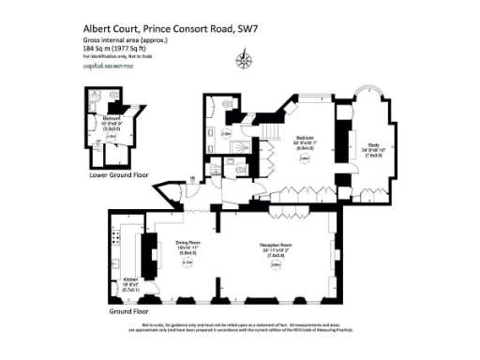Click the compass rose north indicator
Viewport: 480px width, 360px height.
pyautogui.click(x=246, y=63)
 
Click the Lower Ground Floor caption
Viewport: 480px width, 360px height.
pyautogui.click(x=113, y=174)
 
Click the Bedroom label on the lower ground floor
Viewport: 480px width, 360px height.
pyautogui.click(x=111, y=119)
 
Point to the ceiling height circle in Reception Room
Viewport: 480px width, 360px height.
pyautogui.click(x=276, y=265)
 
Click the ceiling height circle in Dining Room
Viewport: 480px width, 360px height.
pyautogui.click(x=187, y=264)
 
